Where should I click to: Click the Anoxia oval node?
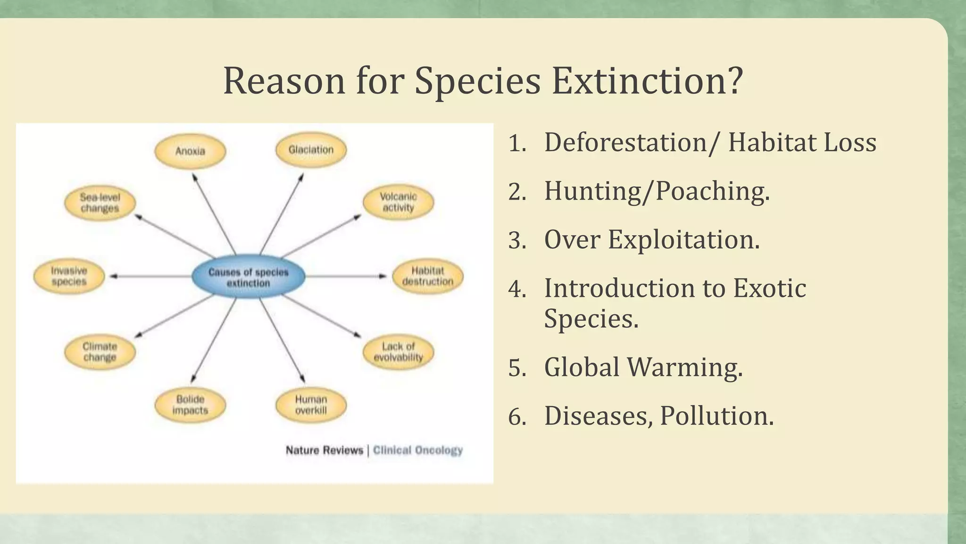point(190,151)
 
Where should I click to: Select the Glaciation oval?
point(311,150)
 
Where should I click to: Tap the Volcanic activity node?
point(398,202)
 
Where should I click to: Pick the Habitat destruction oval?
point(427,276)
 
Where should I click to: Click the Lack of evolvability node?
point(398,352)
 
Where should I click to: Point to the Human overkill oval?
point(311,405)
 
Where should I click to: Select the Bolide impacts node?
point(190,405)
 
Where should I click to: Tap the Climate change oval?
point(100,352)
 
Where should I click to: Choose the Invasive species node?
point(69,276)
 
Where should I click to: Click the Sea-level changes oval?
point(100,203)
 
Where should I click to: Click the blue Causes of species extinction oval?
point(248,277)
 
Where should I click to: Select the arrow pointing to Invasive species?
point(151,276)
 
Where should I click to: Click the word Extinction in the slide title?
point(647,81)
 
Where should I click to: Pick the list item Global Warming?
point(643,367)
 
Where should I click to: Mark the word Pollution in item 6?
point(716,416)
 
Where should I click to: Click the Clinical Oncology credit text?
point(418,450)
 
